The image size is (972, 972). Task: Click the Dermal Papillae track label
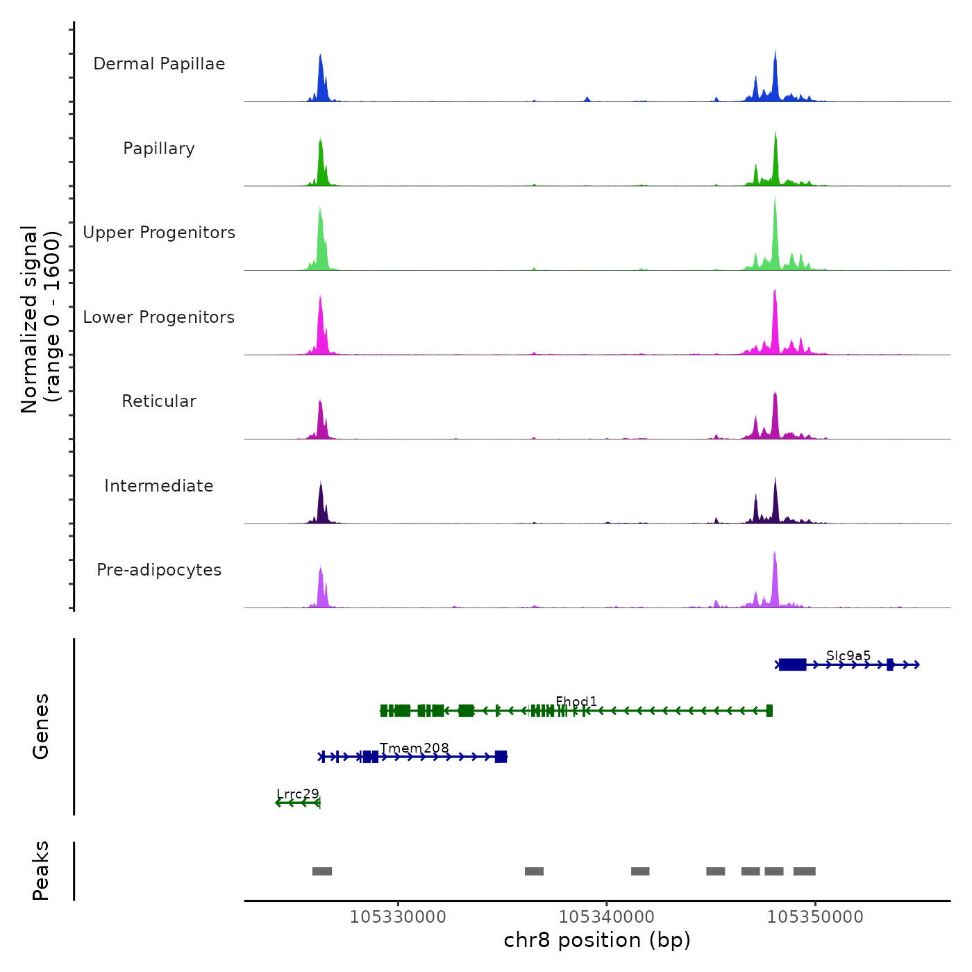(x=159, y=64)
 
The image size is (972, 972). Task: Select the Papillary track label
(x=159, y=149)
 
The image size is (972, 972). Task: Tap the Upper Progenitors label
(x=159, y=233)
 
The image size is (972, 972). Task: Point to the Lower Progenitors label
(x=159, y=317)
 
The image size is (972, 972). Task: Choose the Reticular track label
(x=159, y=401)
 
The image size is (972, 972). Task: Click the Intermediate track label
(x=159, y=486)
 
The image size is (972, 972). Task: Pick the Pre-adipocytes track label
(x=159, y=570)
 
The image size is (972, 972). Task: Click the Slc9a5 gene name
(x=848, y=656)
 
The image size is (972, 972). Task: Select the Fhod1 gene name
(x=576, y=702)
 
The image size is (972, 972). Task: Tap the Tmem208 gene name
(x=414, y=748)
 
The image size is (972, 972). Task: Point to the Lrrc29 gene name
(x=298, y=794)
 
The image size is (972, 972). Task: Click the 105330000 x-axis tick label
(x=398, y=917)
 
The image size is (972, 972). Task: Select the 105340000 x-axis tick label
(x=607, y=917)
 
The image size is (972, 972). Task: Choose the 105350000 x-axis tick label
(x=815, y=917)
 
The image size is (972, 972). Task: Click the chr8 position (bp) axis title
(x=597, y=940)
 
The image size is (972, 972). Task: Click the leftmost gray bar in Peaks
(x=322, y=871)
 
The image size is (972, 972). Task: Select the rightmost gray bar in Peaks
(x=804, y=871)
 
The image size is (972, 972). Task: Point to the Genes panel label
(x=41, y=726)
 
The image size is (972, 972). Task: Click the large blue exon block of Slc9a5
(x=792, y=665)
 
